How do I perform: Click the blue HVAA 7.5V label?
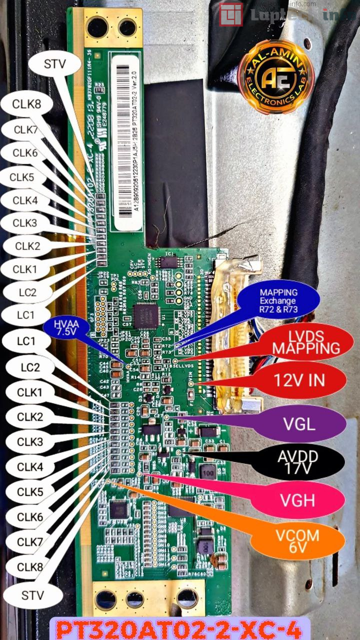(x=65, y=328)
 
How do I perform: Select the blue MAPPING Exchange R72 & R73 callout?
(x=278, y=301)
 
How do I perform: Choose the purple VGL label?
(x=299, y=424)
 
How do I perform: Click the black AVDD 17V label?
(x=298, y=461)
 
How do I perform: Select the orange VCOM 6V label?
(x=297, y=540)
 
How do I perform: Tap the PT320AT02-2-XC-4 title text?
(x=179, y=628)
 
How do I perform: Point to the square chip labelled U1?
(x=146, y=315)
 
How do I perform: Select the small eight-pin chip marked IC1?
(x=168, y=262)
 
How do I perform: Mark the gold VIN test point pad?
(x=191, y=383)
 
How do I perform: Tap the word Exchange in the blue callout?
(x=277, y=301)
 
